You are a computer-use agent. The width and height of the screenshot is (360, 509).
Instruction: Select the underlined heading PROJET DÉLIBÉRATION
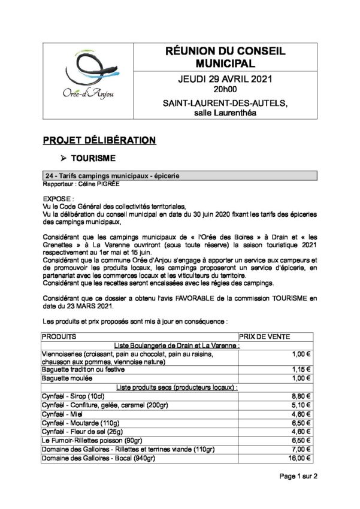pyautogui.click(x=99, y=140)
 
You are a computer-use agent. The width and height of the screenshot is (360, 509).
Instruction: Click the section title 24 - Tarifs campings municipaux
pyautogui.click(x=113, y=176)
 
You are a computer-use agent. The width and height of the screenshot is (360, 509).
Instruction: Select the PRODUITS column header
pyautogui.click(x=59, y=337)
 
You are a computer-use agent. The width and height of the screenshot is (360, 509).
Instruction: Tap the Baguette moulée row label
pyautogui.click(x=66, y=379)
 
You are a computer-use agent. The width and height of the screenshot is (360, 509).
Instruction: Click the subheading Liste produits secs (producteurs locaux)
pyautogui.click(x=178, y=387)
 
